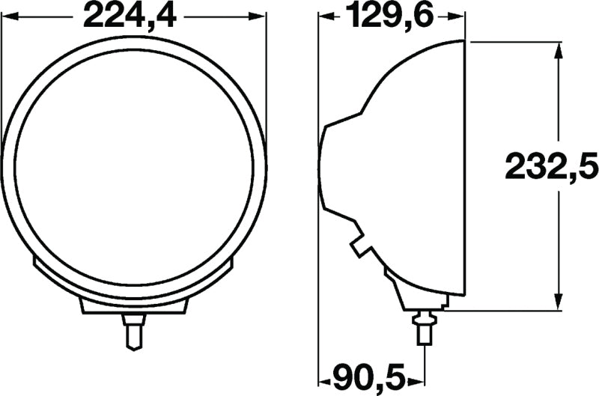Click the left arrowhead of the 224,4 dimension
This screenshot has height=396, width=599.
click(9, 15)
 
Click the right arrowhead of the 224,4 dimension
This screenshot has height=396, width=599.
click(258, 15)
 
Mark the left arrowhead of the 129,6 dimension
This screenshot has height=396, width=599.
click(326, 15)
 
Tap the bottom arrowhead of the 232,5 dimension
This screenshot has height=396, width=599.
click(557, 302)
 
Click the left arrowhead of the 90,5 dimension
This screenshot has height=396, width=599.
click(326, 374)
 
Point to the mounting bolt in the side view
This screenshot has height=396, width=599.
click(424, 329)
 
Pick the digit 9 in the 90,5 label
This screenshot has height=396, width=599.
click(347, 374)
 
